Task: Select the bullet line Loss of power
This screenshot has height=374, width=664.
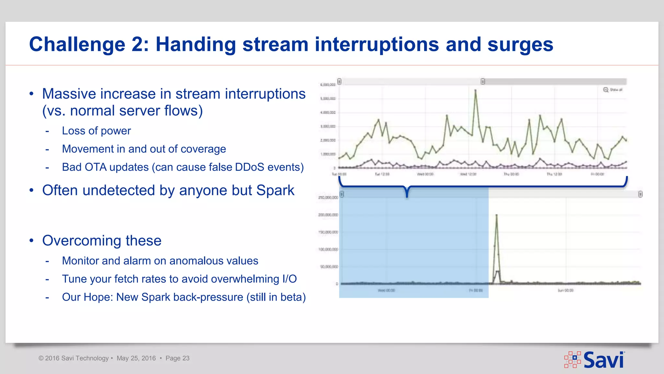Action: (x=96, y=131)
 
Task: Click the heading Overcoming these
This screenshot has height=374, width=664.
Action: (x=102, y=241)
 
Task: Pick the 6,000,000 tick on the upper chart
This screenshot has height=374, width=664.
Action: (x=327, y=85)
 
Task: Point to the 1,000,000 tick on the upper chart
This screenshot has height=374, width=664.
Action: (x=328, y=154)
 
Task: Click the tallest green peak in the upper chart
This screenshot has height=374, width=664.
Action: (x=476, y=90)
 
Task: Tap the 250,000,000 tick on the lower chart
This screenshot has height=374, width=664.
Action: (x=328, y=197)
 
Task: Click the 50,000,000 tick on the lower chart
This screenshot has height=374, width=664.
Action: (x=329, y=267)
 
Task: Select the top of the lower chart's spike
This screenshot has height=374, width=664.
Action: (x=497, y=215)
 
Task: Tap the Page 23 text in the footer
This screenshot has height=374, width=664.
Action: (x=177, y=358)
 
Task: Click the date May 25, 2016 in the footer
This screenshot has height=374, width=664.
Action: (x=136, y=358)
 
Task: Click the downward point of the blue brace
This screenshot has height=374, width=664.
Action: (x=407, y=196)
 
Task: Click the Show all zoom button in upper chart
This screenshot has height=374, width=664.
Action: (x=612, y=90)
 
